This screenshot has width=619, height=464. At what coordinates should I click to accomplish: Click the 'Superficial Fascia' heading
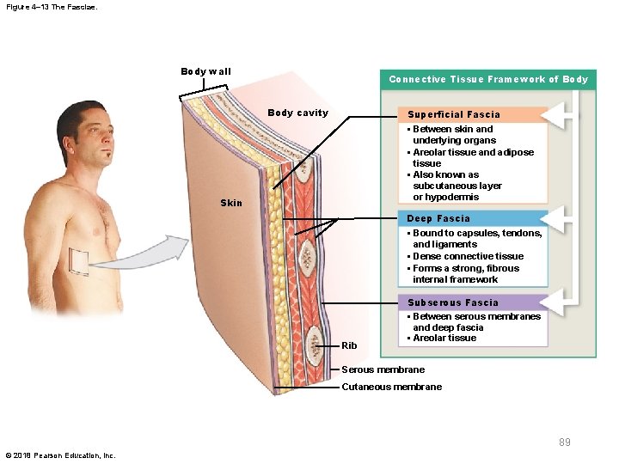coord(453,114)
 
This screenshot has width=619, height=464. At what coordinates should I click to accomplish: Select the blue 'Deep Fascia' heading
coord(438,218)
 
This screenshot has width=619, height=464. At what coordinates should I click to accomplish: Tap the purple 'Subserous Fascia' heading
coord(452,302)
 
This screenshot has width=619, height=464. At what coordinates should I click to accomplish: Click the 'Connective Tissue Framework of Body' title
coord(488,80)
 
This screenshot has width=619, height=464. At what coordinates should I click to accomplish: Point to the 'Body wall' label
coord(205,71)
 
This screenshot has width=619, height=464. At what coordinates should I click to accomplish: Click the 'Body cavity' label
coord(297,113)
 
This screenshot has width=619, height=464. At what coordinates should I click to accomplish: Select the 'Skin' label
coord(231,203)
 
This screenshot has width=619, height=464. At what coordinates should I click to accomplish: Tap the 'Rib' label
coord(349,345)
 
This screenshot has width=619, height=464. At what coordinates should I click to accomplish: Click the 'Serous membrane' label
coord(383,369)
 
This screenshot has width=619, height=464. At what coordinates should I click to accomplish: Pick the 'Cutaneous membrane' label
coord(391,387)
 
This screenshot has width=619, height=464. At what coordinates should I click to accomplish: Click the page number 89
coord(565,443)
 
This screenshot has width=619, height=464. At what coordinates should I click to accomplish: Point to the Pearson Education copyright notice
coord(60,455)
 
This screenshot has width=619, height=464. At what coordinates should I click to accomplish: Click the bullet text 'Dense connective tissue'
coord(468,256)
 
